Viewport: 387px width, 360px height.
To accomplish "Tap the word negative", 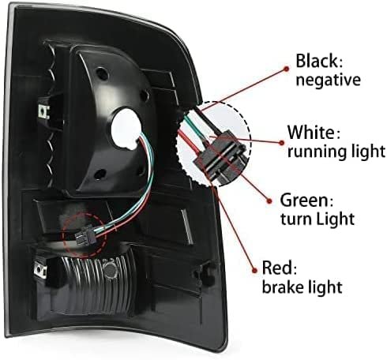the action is [x=328, y=80].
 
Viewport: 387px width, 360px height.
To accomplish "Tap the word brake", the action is [x=286, y=287].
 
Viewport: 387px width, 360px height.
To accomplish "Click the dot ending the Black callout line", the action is [x=286, y=69].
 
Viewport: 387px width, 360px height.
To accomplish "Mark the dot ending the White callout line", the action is [x=282, y=143].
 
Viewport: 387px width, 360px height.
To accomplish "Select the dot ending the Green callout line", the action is [x=269, y=201].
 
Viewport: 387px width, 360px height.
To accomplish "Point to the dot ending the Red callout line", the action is [x=254, y=270].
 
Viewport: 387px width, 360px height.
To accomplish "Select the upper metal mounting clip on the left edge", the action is [x=43, y=111].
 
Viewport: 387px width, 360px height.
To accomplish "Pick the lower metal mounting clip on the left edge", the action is [x=40, y=270].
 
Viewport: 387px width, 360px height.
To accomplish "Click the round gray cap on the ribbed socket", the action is [x=110, y=269].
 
